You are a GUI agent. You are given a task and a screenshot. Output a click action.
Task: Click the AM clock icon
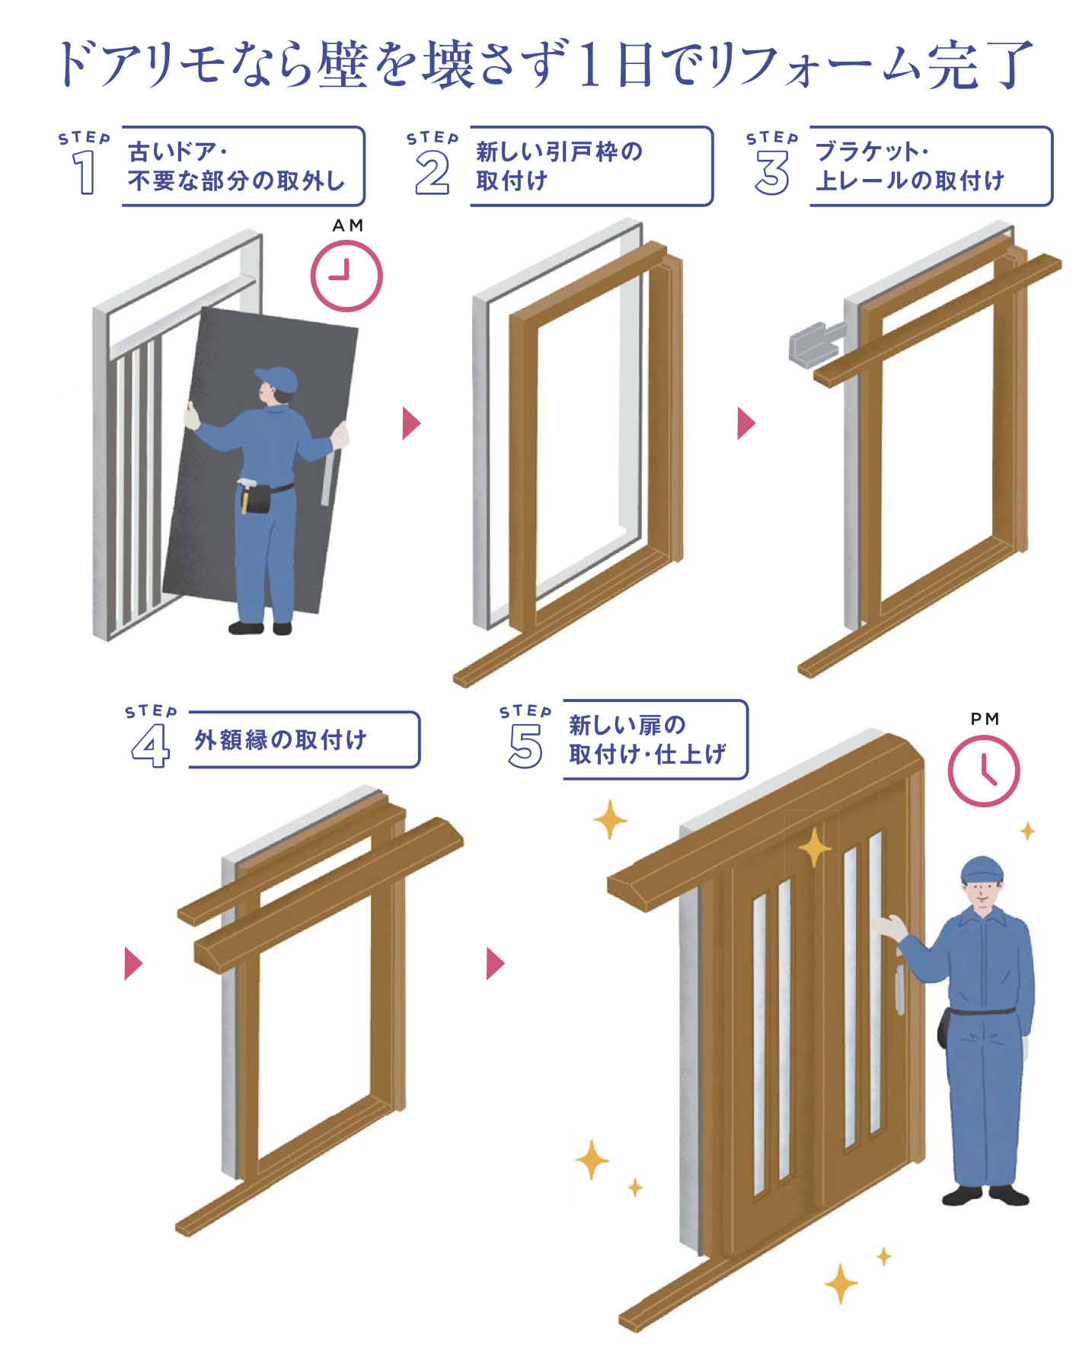pos(346,276)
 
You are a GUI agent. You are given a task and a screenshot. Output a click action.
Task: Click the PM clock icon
pos(983,771)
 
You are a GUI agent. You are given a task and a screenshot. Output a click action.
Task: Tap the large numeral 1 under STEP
pos(84,172)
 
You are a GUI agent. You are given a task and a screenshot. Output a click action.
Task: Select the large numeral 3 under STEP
pos(771,172)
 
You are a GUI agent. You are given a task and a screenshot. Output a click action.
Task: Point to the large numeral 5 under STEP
pos(525,745)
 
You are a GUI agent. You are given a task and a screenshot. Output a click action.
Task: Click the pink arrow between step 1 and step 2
pos(410,423)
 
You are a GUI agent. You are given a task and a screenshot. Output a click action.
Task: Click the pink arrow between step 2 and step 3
pos(746,423)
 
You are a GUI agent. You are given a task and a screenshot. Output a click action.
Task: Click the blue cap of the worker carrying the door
pos(278,378)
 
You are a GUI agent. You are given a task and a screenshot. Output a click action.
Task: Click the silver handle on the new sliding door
pos(899,989)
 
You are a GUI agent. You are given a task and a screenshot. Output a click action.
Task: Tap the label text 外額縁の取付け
pos(280,739)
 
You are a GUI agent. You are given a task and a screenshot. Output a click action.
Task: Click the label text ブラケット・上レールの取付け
pos(910,166)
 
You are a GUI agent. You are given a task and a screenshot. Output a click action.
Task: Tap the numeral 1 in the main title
pos(588,64)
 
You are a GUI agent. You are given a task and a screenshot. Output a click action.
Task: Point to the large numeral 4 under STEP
pos(150,745)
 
